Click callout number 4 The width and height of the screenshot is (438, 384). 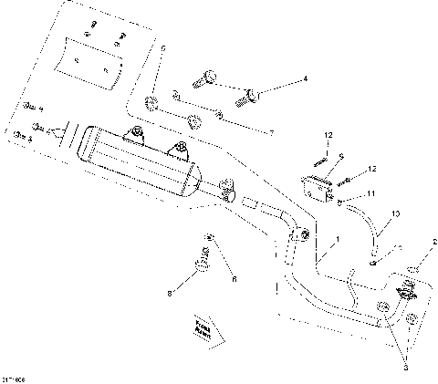(x=305, y=79)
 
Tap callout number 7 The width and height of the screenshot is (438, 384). (x=270, y=133)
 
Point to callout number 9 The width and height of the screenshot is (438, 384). (x=340, y=156)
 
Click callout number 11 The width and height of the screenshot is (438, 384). (x=371, y=193)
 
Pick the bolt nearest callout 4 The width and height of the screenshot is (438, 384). (x=248, y=92)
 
